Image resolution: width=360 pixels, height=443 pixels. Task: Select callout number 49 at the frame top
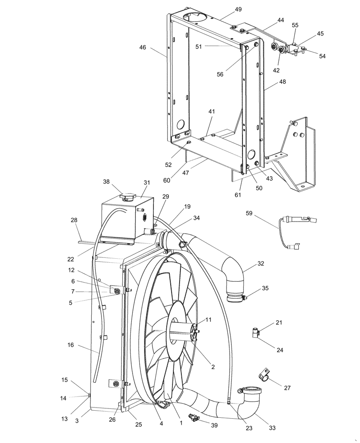coord(226,9)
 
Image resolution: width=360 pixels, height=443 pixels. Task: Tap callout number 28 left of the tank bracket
coord(74,220)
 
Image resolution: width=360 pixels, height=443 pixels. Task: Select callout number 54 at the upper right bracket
coord(322,56)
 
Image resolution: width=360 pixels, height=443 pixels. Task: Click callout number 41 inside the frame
coord(211,113)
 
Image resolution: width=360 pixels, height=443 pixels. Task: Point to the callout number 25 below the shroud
coord(139,424)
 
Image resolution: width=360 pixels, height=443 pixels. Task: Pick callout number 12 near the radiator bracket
coord(71,270)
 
